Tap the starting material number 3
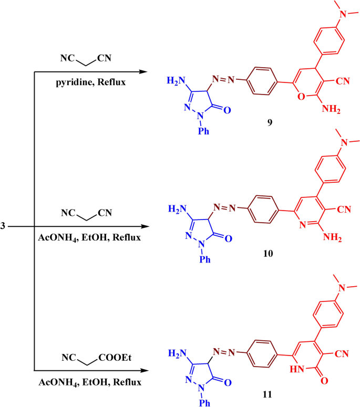(x=3, y=226)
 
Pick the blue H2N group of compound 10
(x=177, y=208)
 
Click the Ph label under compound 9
(x=201, y=131)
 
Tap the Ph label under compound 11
(x=201, y=403)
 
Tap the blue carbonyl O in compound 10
(x=228, y=238)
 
